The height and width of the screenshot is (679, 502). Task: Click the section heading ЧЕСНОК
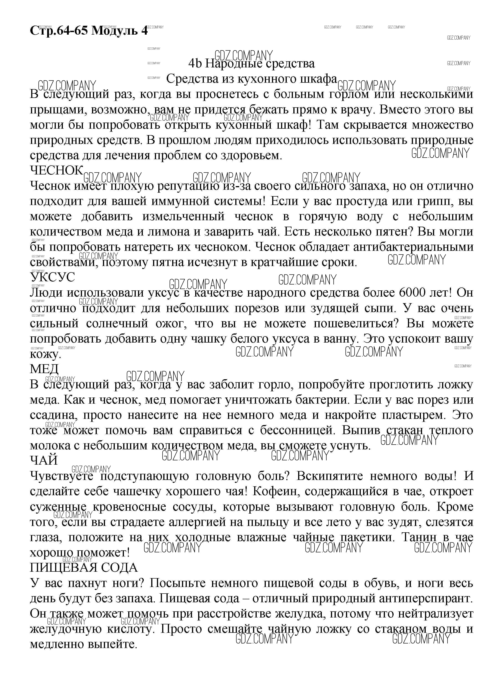56,170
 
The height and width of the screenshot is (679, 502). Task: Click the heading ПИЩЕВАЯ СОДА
84,567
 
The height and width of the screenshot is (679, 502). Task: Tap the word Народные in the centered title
233,64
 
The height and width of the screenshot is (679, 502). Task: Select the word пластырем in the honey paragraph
411,415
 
